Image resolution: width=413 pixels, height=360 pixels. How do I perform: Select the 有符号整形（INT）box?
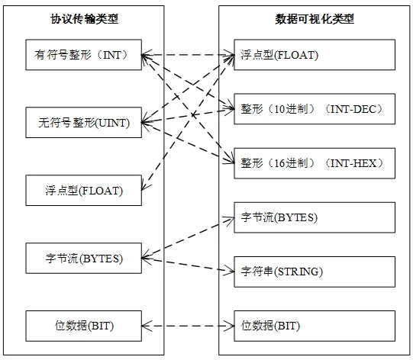(x=84, y=55)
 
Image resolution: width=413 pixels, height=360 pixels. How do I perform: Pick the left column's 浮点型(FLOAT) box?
(x=84, y=190)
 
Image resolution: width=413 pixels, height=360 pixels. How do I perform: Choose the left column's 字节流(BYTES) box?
(x=84, y=258)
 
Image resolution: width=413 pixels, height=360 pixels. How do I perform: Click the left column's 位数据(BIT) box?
(x=84, y=326)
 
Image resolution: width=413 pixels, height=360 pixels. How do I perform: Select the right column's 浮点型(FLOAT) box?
(x=314, y=55)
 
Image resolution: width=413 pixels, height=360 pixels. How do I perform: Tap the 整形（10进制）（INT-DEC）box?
(x=314, y=109)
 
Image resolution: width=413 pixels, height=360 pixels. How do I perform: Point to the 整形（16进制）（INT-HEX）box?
(x=314, y=163)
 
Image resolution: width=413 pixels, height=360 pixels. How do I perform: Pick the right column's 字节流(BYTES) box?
(x=314, y=217)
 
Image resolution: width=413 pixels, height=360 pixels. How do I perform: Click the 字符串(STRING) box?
(x=314, y=272)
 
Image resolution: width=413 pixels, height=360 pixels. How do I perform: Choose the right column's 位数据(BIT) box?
(x=314, y=326)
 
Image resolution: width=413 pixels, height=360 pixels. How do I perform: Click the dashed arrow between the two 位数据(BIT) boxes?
(x=187, y=326)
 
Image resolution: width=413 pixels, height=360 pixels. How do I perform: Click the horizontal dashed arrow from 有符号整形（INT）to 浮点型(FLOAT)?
(x=187, y=55)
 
